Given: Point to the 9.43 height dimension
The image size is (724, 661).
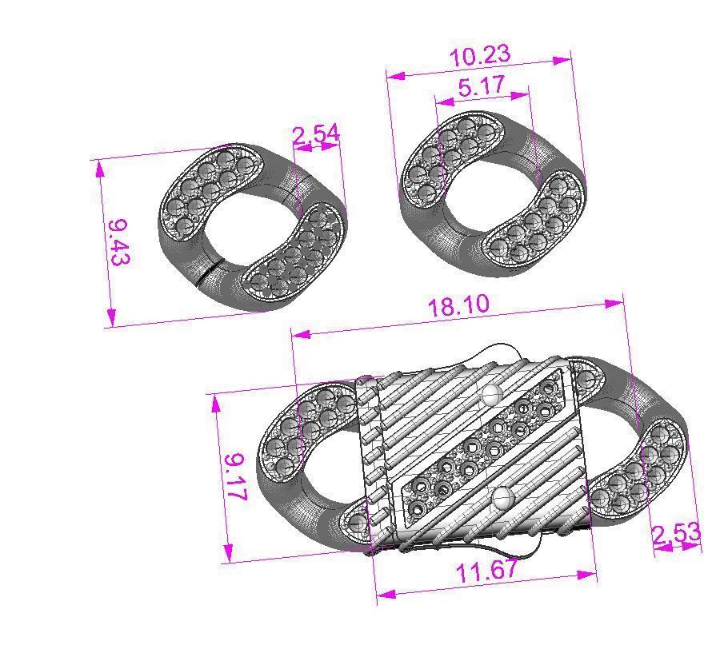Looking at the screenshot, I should click(x=121, y=241).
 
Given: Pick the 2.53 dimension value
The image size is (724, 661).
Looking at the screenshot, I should click(x=677, y=534).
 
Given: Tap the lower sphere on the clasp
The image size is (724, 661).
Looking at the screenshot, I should click(x=503, y=499).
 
